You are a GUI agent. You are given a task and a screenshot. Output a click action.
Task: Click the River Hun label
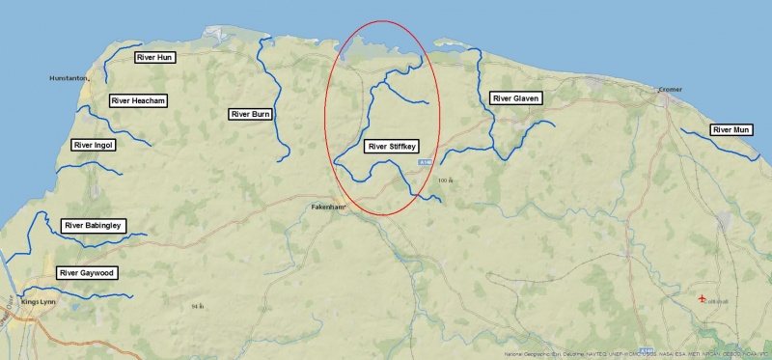pyautogui.click(x=154, y=58)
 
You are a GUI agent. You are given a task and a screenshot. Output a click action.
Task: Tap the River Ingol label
pyautogui.click(x=94, y=145)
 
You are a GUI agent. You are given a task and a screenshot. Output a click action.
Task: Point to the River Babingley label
pyautogui.click(x=94, y=226)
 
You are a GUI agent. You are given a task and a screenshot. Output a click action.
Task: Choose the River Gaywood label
pyautogui.click(x=87, y=273)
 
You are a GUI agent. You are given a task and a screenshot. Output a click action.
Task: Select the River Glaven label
pyautogui.click(x=516, y=98)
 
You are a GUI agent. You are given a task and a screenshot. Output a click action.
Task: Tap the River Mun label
pyautogui.click(x=731, y=129)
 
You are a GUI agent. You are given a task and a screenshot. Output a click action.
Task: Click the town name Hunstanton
pyautogui.click(x=69, y=78)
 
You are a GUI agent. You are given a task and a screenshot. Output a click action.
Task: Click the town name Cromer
pyautogui.click(x=670, y=89)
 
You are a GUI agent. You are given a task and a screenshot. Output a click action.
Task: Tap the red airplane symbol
pyautogui.click(x=702, y=298)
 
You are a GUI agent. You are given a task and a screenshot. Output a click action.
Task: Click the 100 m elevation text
pyautogui.click(x=445, y=180)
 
